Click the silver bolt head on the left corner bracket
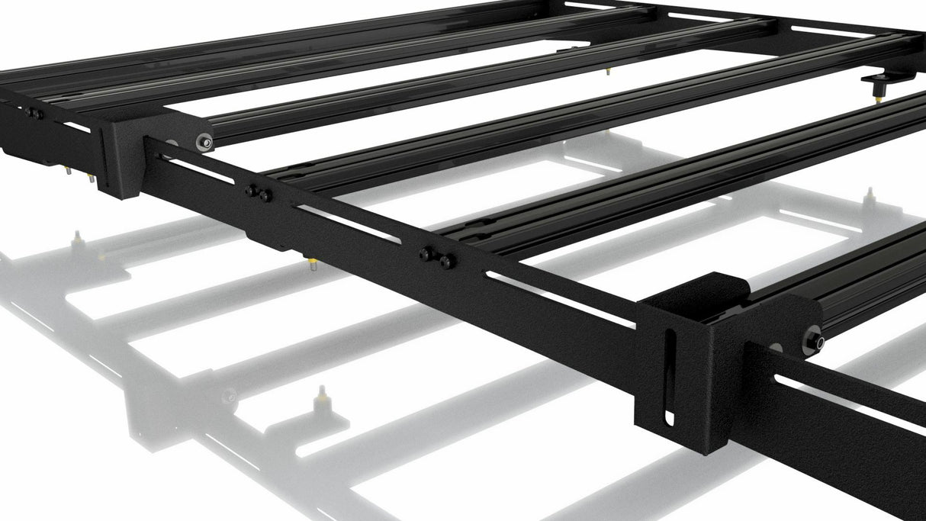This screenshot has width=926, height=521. [204, 141]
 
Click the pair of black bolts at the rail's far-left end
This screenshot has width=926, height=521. [34, 114]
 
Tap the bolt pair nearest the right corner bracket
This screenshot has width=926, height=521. [437, 258]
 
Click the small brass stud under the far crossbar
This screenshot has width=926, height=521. [608, 72]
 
